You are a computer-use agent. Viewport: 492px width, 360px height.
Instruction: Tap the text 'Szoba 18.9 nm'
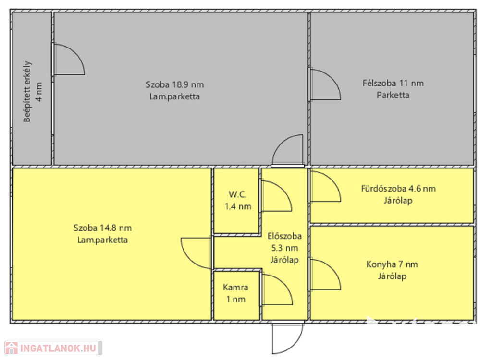pos(174,84)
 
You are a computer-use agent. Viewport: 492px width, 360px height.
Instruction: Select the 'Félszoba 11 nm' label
pos(393,83)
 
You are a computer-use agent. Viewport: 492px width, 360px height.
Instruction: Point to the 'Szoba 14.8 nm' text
pos(103,228)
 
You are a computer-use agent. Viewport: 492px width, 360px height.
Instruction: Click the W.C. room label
pos(237,194)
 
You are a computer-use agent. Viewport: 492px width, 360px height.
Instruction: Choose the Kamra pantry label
pos(235,287)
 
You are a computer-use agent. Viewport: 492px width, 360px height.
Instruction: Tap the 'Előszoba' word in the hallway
pos(284,236)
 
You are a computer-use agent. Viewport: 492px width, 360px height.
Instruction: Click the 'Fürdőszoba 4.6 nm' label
pos(398,189)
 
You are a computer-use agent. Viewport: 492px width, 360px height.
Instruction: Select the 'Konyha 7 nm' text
pos(392,264)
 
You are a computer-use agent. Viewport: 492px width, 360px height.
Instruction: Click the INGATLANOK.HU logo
pos(53,348)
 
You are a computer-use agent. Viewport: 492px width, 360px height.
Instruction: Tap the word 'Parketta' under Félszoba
pos(393,95)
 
